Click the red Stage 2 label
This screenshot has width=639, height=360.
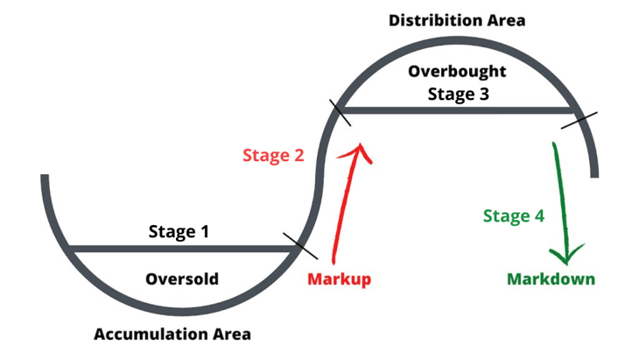point(273,155)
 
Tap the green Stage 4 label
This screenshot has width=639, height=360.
point(514,215)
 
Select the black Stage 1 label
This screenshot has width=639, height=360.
point(179,231)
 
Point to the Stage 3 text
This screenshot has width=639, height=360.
point(458,94)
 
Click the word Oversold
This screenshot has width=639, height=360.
point(182,279)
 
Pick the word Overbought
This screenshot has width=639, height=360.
point(457,72)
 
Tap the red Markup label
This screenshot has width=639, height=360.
point(339,279)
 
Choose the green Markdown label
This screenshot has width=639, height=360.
point(551,279)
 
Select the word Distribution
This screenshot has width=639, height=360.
point(434,20)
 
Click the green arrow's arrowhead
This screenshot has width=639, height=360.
point(567,255)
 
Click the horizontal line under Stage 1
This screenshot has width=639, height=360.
point(182,249)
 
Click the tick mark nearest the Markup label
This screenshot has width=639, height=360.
point(300,246)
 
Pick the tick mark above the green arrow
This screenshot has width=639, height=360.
point(579,120)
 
